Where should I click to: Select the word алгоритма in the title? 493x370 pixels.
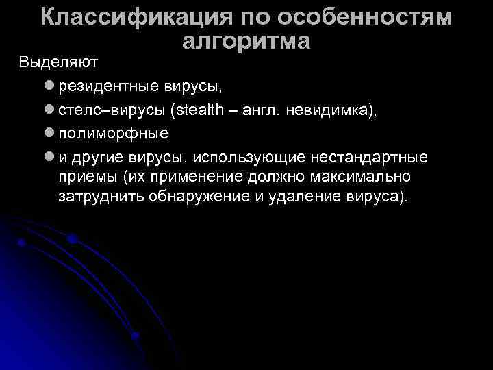coord(246,41)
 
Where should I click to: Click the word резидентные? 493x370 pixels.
coord(108,87)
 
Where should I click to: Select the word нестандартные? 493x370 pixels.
coord(369,158)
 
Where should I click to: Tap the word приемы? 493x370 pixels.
coord(86,177)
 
